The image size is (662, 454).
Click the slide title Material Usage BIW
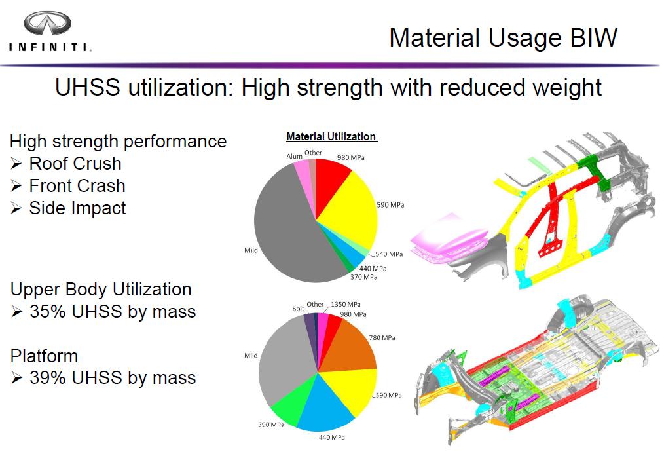click(x=503, y=37)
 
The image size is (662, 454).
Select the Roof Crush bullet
click(x=75, y=163)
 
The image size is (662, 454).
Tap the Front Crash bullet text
click(x=77, y=185)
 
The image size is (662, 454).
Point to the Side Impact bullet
click(x=77, y=208)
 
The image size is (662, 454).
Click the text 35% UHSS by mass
click(x=113, y=311)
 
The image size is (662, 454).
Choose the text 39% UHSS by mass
click(x=113, y=378)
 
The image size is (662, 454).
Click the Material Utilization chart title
click(x=331, y=136)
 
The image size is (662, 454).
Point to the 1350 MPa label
click(x=344, y=305)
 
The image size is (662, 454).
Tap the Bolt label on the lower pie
click(x=299, y=308)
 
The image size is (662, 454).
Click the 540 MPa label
click(x=389, y=254)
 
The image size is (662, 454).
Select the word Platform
click(x=44, y=356)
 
